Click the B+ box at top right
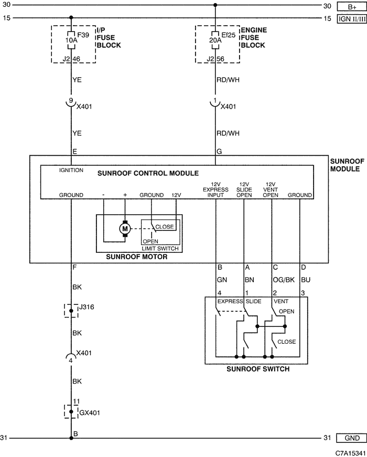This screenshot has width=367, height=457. pyautogui.click(x=352, y=7)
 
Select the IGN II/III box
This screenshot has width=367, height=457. pyautogui.click(x=352, y=19)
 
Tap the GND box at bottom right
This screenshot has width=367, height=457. pyautogui.click(x=352, y=438)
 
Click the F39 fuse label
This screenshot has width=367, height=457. pyautogui.click(x=83, y=35)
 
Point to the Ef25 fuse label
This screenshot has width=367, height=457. pyautogui.click(x=229, y=35)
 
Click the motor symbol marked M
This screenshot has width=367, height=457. pyautogui.click(x=125, y=229)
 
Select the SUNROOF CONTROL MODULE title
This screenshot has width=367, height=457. pyautogui.click(x=148, y=174)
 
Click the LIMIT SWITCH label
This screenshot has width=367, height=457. pyautogui.click(x=160, y=249)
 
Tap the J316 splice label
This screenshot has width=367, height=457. pyautogui.click(x=87, y=307)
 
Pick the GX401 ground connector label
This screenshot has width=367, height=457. pyautogui.click(x=90, y=413)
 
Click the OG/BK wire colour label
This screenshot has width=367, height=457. pyautogui.click(x=284, y=280)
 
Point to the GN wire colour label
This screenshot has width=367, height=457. pyautogui.click(x=222, y=280)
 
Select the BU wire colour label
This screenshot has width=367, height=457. pyautogui.click(x=306, y=280)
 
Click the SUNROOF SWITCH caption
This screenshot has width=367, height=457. pyautogui.click(x=258, y=369)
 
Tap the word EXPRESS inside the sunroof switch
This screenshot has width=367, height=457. pyautogui.click(x=230, y=301)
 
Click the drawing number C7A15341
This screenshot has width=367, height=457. pyautogui.click(x=350, y=453)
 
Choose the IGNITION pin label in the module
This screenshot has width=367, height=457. pyautogui.click(x=71, y=170)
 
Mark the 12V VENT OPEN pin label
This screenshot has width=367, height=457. pyautogui.click(x=271, y=190)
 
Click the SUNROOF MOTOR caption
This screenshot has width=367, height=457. pyautogui.click(x=137, y=257)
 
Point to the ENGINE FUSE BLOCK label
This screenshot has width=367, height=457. pyautogui.click(x=254, y=38)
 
